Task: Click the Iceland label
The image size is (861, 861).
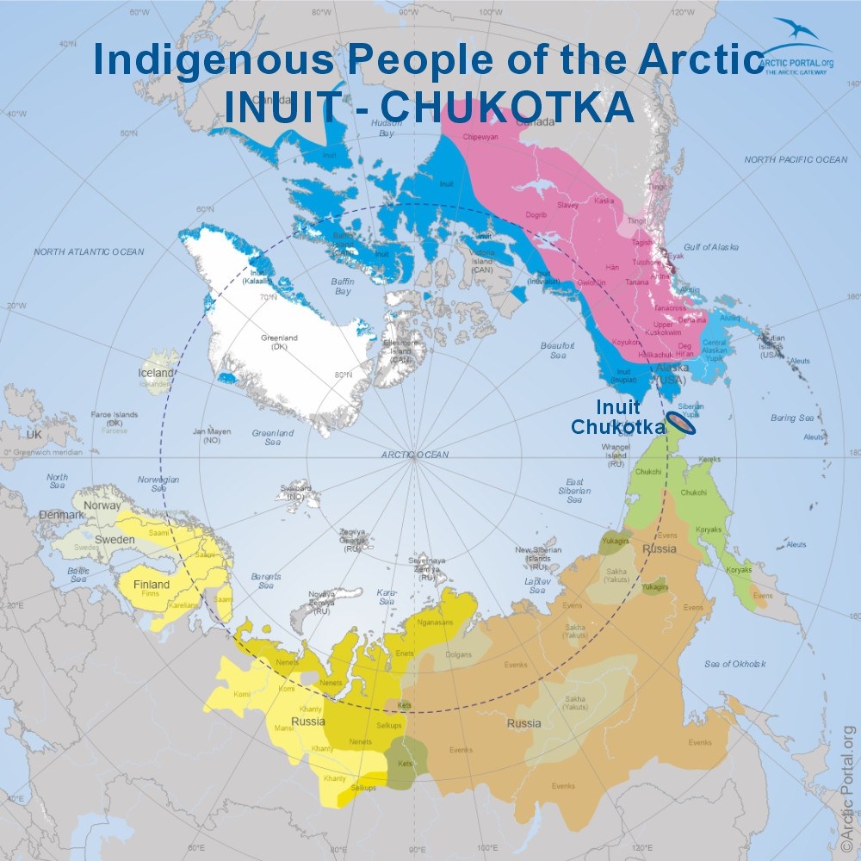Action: tap(156, 374)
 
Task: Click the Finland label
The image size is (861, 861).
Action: tap(152, 585)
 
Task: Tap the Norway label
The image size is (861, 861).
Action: tap(102, 505)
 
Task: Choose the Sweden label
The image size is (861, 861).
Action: tap(114, 540)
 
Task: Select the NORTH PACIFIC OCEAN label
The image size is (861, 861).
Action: tap(796, 160)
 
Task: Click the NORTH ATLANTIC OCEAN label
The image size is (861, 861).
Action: tap(89, 251)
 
